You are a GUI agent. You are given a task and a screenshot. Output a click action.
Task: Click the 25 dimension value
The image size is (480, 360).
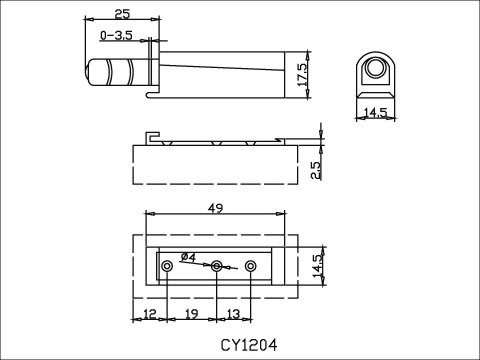coord(121,13)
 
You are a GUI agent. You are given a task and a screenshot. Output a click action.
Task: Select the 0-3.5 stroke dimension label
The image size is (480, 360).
coord(117,35)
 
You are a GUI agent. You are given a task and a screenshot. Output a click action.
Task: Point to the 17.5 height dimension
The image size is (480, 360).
coord(314,73)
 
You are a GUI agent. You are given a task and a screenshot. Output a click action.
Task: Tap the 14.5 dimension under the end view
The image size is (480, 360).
coord(375,113)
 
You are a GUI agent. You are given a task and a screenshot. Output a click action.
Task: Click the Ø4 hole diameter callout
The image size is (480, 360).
coord(187,258)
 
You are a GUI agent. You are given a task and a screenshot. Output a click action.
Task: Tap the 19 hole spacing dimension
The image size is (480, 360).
coord(192,315)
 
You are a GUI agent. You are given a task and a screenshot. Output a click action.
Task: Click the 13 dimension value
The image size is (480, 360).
coord(233,315)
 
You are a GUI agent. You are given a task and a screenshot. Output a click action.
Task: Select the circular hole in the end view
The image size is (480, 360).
coord(376,68)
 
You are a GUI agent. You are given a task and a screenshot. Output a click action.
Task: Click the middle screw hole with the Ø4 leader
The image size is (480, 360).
coord(216,266)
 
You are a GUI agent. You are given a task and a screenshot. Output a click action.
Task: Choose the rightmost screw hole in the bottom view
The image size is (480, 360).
coord(250,266)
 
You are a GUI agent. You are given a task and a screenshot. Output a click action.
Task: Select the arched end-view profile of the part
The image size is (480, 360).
coord(376,74)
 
